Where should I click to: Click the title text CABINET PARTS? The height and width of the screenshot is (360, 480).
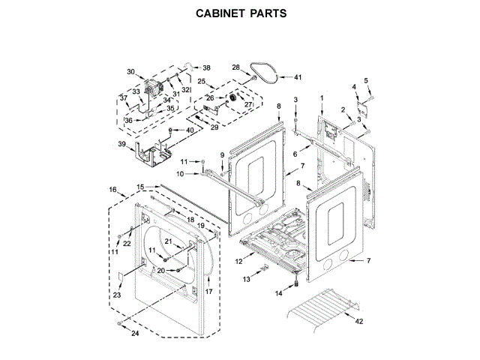click(241, 13)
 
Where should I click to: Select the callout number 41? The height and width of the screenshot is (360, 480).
click(298, 77)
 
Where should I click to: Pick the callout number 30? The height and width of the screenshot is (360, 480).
click(130, 73)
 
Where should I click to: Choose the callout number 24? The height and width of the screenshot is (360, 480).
click(136, 333)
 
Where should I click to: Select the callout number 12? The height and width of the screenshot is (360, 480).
click(239, 262)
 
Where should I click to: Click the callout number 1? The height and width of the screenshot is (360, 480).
click(322, 99)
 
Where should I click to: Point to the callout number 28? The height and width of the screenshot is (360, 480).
click(235, 67)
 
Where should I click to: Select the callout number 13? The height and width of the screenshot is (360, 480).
click(246, 279)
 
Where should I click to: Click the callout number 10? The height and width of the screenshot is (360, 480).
click(180, 174)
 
